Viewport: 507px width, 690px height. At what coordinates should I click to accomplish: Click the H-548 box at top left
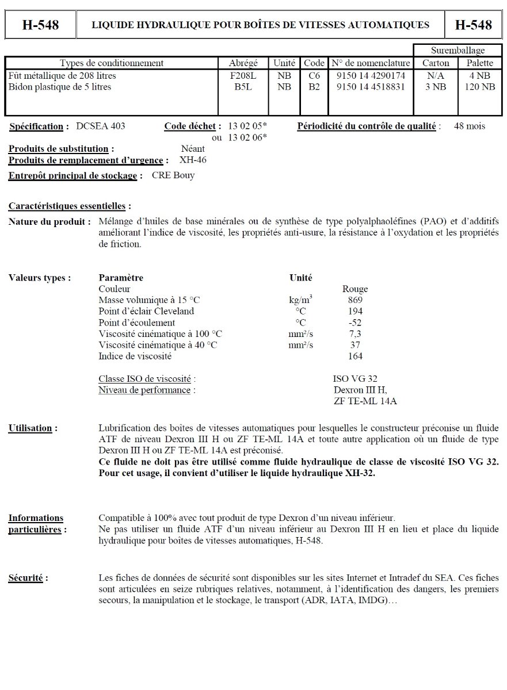click(40, 25)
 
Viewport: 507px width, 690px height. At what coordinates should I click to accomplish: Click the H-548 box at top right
click(473, 25)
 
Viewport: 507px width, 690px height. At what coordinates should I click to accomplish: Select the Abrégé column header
click(243, 63)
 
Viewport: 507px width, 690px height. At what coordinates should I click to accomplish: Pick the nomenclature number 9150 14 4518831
click(371, 87)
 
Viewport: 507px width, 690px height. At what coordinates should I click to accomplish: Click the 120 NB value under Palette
click(480, 87)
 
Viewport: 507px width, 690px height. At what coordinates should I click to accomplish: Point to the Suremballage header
click(458, 51)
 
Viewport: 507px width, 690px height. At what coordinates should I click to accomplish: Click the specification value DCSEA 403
click(101, 126)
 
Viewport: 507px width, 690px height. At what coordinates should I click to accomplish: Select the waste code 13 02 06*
click(247, 137)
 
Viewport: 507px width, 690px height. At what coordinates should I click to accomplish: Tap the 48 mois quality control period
click(469, 126)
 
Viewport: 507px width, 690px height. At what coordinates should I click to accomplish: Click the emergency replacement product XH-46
click(193, 160)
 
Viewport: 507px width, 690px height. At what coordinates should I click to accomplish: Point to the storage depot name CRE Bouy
click(173, 175)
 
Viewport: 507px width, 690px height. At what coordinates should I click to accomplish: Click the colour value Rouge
click(355, 289)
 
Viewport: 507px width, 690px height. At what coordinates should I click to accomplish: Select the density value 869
click(355, 300)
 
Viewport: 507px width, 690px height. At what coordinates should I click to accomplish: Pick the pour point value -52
click(355, 323)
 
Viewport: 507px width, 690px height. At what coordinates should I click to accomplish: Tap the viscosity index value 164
click(355, 356)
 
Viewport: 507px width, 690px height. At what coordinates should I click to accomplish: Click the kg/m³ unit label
click(300, 300)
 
